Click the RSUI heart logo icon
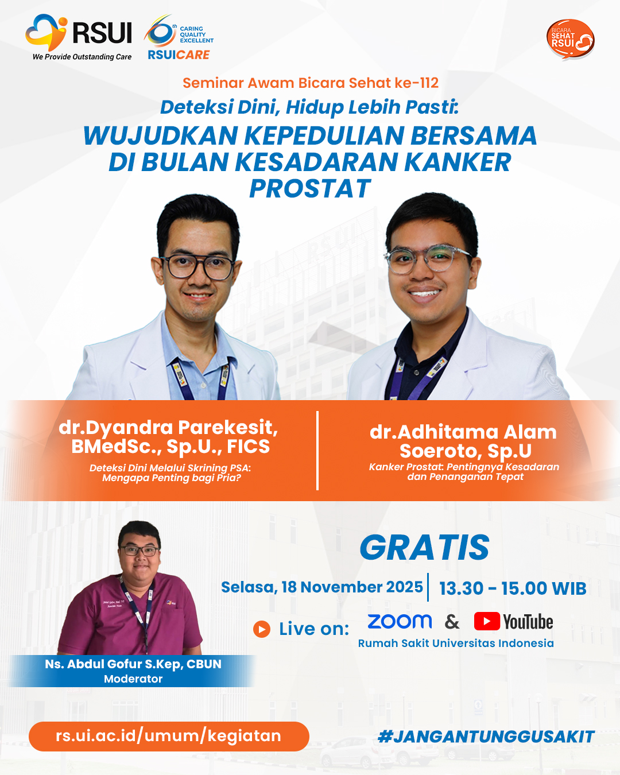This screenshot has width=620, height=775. [x=46, y=32]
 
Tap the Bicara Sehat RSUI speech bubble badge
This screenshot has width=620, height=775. [x=570, y=39]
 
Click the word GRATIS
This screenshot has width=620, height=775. [x=424, y=548]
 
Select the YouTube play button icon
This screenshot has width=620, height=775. [x=487, y=621]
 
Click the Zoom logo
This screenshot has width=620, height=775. [x=400, y=622]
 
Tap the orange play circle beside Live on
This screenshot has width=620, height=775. [x=262, y=629]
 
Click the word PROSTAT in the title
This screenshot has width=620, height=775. [x=310, y=188]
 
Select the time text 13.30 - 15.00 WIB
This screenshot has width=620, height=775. [x=513, y=588]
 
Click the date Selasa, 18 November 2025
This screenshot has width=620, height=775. [x=321, y=587]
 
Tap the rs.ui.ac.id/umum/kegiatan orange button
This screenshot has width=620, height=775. [x=169, y=736]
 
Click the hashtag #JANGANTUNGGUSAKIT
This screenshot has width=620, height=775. [x=486, y=737]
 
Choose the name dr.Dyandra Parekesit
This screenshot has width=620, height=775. [x=168, y=428]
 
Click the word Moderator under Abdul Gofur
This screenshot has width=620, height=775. [x=133, y=679]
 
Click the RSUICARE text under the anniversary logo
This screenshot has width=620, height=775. [x=179, y=55]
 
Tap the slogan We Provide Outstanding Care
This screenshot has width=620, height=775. [x=82, y=57]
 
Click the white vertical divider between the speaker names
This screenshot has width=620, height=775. [x=317, y=451]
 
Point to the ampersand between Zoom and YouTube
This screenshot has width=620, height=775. [x=452, y=622]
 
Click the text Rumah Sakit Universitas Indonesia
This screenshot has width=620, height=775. [x=456, y=643]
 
